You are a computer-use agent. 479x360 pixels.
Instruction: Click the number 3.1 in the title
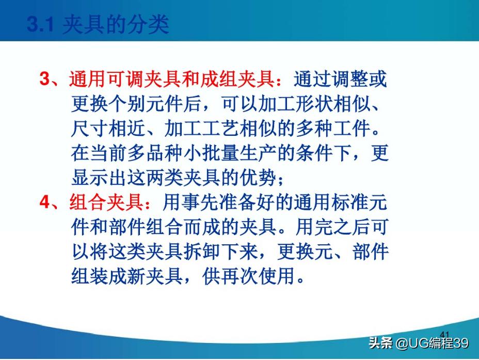pos(40,25)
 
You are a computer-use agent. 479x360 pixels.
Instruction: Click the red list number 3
pos(44,80)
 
